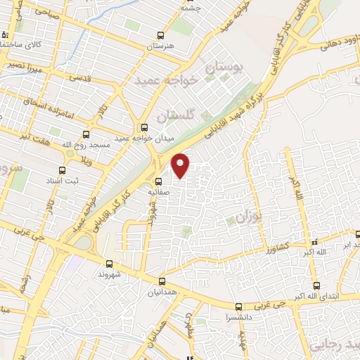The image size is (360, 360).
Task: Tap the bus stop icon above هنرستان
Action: [161, 35]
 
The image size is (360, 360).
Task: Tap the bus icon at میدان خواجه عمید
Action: [145, 127]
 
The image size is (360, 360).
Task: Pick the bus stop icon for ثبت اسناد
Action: [63, 169]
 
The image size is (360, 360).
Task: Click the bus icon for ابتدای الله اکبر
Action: [316, 285]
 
